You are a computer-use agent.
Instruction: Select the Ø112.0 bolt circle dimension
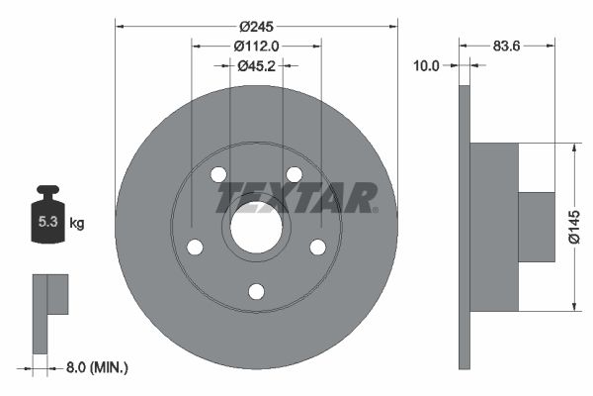(256, 45)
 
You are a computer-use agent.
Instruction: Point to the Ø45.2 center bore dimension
(256, 65)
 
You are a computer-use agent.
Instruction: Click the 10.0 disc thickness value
(426, 65)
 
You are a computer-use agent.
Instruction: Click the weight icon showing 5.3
(45, 219)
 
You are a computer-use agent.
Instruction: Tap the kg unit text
(77, 224)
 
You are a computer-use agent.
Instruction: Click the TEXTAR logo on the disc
(296, 198)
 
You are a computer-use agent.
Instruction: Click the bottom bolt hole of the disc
(256, 291)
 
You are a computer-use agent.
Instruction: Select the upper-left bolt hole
(218, 174)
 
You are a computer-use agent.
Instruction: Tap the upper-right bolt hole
(294, 174)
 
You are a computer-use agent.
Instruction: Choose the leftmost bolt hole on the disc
(195, 247)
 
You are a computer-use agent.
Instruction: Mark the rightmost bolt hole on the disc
(317, 247)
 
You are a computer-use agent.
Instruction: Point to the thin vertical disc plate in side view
(464, 227)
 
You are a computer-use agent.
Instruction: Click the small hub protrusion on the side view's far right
(537, 227)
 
